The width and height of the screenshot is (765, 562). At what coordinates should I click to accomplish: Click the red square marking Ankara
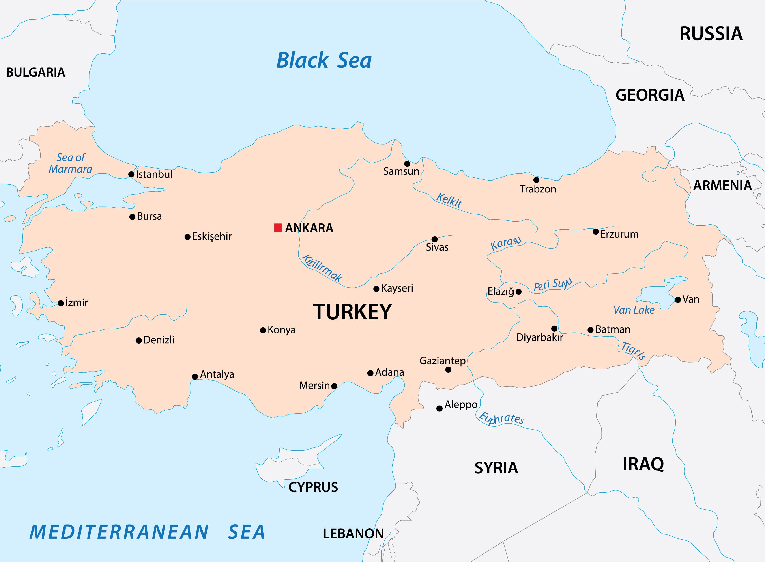278,228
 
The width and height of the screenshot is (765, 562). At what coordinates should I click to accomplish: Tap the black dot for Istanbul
131,174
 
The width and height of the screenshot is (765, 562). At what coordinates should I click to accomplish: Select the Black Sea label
324,61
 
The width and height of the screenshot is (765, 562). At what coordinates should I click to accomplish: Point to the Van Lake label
634,310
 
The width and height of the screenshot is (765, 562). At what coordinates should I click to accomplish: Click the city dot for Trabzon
536,180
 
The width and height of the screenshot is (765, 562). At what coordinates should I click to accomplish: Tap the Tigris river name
633,350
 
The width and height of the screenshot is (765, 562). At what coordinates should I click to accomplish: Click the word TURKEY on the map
352,312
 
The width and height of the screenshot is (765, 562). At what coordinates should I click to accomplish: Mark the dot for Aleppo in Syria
439,408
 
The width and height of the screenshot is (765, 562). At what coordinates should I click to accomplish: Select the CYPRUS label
313,487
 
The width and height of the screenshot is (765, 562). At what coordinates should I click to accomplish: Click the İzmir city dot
61,303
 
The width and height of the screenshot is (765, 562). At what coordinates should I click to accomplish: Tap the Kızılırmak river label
322,268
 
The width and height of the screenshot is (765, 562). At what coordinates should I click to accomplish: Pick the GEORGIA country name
650,95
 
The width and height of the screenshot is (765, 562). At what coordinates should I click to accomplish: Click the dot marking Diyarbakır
554,328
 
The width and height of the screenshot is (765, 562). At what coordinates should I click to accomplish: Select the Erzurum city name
619,234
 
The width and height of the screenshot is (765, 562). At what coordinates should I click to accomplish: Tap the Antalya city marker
195,377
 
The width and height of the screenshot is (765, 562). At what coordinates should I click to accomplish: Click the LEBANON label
353,533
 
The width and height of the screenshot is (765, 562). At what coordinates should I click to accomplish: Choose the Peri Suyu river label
553,284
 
